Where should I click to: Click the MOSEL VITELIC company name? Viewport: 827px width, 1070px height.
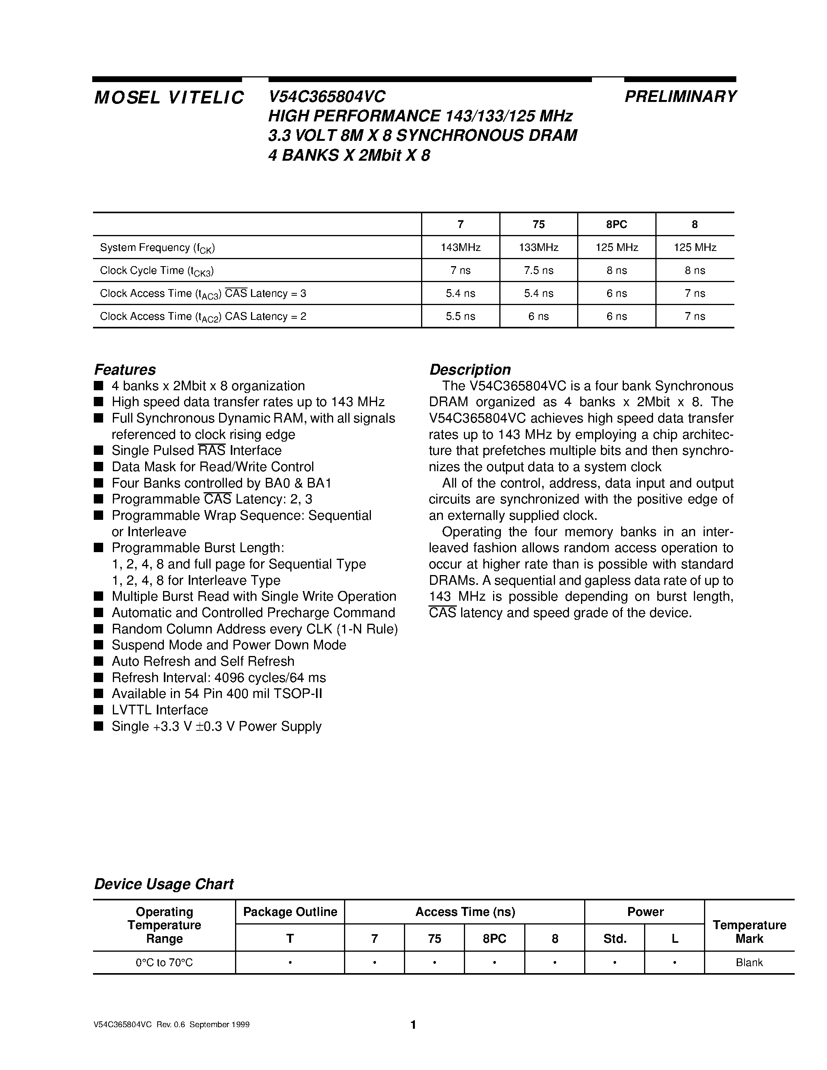point(169,98)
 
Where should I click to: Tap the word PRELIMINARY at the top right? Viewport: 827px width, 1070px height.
point(680,96)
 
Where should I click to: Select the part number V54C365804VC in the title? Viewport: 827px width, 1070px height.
point(327,96)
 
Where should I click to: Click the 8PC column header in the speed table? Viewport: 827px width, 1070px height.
point(616,225)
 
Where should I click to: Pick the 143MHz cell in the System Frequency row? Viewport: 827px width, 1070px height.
point(460,247)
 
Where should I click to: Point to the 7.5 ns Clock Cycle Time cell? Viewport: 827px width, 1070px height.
point(539,270)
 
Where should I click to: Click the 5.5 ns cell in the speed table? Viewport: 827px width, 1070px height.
point(460,316)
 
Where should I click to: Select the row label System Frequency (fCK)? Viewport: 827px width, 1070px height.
point(157,248)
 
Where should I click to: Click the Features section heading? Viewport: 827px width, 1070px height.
point(125,369)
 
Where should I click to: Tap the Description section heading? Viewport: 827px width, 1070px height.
point(470,369)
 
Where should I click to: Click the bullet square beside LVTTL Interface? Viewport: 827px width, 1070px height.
point(98,710)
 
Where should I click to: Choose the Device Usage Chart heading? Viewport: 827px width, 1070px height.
point(163,884)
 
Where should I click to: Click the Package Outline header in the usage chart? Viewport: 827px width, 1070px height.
point(290,912)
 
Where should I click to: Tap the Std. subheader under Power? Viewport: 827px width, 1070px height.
point(615,939)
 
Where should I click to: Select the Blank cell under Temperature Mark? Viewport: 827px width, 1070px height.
point(749,963)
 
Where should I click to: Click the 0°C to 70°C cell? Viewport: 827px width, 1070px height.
point(164,963)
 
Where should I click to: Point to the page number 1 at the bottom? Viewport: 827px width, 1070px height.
point(413,1025)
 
